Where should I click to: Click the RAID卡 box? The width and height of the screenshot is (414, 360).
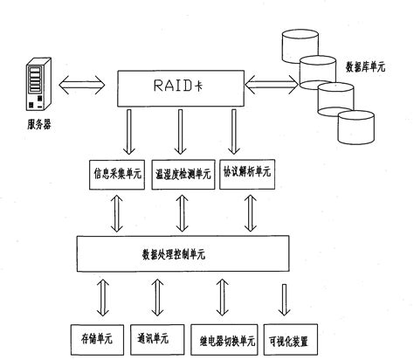[x=180, y=87]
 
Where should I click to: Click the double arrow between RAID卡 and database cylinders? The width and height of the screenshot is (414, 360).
[x=271, y=86]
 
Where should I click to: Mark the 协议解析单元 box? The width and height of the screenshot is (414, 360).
[x=246, y=172]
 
